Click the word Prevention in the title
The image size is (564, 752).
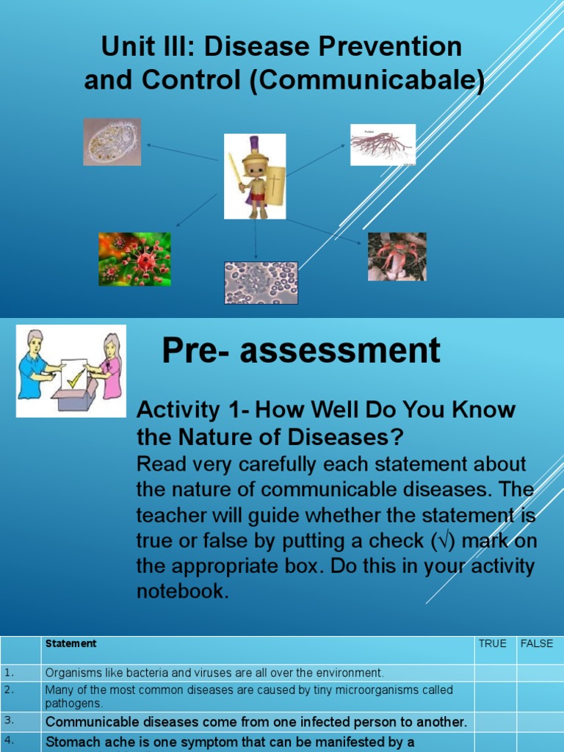click(x=394, y=47)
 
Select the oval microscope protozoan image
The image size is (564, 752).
click(x=112, y=142)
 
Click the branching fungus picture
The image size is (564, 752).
click(x=383, y=145)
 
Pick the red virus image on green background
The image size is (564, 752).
click(x=134, y=259)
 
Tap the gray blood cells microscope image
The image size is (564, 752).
click(x=261, y=283)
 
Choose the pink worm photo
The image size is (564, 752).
click(x=397, y=256)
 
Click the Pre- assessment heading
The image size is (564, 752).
click(x=301, y=351)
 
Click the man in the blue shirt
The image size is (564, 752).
click(x=35, y=366)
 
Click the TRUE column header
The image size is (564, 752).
click(x=492, y=643)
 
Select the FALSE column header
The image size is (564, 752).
click(x=536, y=643)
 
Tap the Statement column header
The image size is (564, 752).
click(x=70, y=643)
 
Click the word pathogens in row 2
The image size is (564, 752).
click(x=73, y=703)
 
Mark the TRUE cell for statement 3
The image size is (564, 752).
click(x=495, y=722)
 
